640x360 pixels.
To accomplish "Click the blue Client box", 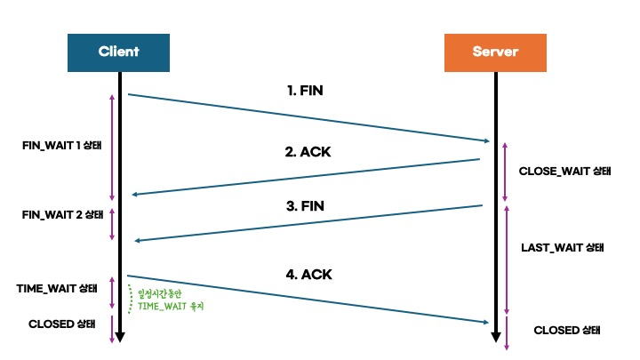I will (x=118, y=52).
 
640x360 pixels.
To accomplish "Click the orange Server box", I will (x=494, y=52).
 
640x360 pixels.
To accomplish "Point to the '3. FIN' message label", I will (x=305, y=205).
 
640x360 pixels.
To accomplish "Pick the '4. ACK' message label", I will (x=308, y=275).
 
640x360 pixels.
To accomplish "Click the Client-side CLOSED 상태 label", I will (x=61, y=324).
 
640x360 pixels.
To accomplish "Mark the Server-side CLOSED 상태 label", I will (x=566, y=329).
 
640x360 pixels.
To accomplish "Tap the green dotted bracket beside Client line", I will (x=129, y=299).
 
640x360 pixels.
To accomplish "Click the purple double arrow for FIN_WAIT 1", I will (x=112, y=147).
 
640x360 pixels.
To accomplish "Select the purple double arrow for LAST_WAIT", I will (x=506, y=258).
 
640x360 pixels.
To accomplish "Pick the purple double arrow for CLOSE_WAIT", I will (x=506, y=171).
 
